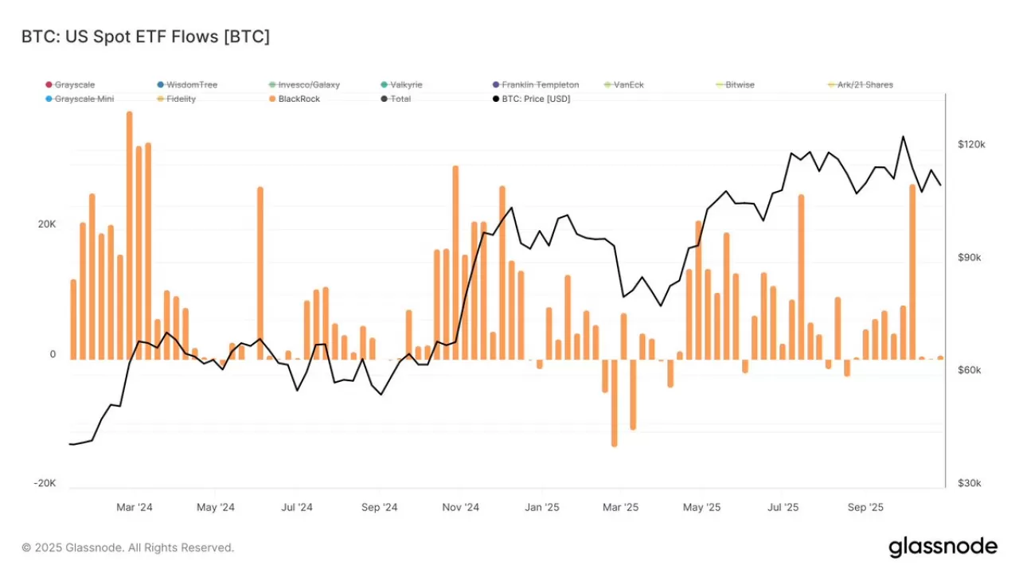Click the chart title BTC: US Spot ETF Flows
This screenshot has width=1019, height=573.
tap(146, 37)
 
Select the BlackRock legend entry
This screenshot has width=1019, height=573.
tap(299, 99)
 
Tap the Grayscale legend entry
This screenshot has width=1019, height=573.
tap(74, 84)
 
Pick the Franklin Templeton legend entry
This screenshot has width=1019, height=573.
tap(540, 84)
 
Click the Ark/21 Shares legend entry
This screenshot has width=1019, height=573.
tap(864, 84)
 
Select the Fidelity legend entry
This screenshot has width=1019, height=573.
tap(181, 99)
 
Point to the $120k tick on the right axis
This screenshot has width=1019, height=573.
tap(971, 145)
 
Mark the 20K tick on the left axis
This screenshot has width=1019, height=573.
tap(47, 224)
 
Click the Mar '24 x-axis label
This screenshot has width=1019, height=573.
tap(135, 507)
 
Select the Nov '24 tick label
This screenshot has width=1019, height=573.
tap(460, 507)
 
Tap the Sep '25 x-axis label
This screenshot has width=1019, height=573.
tap(865, 507)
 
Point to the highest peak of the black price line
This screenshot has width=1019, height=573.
tap(903, 137)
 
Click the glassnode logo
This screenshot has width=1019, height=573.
tap(943, 547)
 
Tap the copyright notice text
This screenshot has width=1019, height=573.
tap(128, 548)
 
